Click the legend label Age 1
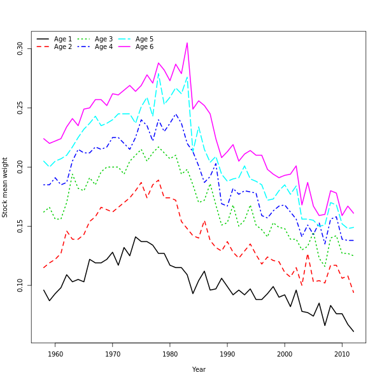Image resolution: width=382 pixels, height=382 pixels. (63, 39)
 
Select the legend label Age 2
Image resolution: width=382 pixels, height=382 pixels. (63, 46)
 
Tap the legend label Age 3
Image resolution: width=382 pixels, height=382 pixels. (104, 39)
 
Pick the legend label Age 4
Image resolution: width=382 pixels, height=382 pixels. (104, 46)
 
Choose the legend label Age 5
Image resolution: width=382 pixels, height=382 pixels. (145, 39)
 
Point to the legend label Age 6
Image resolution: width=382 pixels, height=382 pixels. (145, 46)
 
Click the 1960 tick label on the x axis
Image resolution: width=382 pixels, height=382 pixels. (55, 354)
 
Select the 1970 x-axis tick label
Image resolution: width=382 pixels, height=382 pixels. (113, 354)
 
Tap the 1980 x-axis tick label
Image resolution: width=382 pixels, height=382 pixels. (170, 354)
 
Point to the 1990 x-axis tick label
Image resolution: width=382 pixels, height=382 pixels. (227, 354)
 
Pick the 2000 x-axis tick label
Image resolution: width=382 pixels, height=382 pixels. (285, 354)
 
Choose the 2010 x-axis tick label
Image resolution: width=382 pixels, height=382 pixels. (342, 354)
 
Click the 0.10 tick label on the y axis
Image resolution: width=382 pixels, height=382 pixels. (20, 285)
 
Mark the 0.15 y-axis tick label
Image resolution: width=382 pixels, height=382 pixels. (20, 226)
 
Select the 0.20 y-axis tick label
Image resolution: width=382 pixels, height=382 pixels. (20, 167)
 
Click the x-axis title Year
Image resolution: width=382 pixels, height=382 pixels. (199, 369)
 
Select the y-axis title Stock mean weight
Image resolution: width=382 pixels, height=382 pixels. (5, 187)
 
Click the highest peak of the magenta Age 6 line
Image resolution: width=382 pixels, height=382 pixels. (187, 43)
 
